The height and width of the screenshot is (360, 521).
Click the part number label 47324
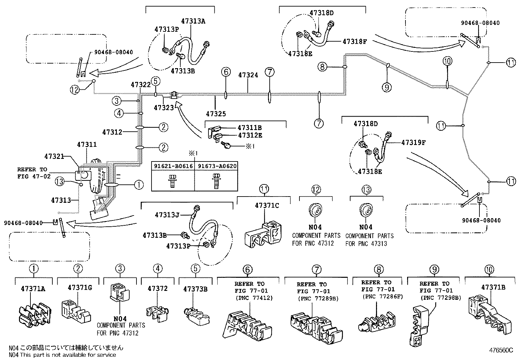pyautogui.click(x=248, y=75)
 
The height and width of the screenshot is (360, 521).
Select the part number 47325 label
pyautogui.click(x=216, y=114)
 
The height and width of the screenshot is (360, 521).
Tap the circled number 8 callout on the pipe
pyautogui.click(x=322, y=67)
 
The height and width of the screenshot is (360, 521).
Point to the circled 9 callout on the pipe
pyautogui.click(x=387, y=87)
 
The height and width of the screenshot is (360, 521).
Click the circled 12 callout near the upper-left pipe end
pyautogui.click(x=75, y=89)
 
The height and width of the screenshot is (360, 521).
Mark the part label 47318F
pyautogui.click(x=355, y=42)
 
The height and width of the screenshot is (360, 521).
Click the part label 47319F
pyautogui.click(x=413, y=142)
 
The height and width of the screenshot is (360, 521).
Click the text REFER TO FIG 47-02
pyautogui.click(x=32, y=172)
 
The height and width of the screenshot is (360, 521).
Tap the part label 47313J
pyautogui.click(x=167, y=215)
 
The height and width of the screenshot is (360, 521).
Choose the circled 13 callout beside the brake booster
pyautogui.click(x=60, y=181)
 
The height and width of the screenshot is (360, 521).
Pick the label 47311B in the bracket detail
pyautogui.click(x=250, y=128)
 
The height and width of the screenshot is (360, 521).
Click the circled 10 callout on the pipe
pyautogui.click(x=447, y=61)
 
